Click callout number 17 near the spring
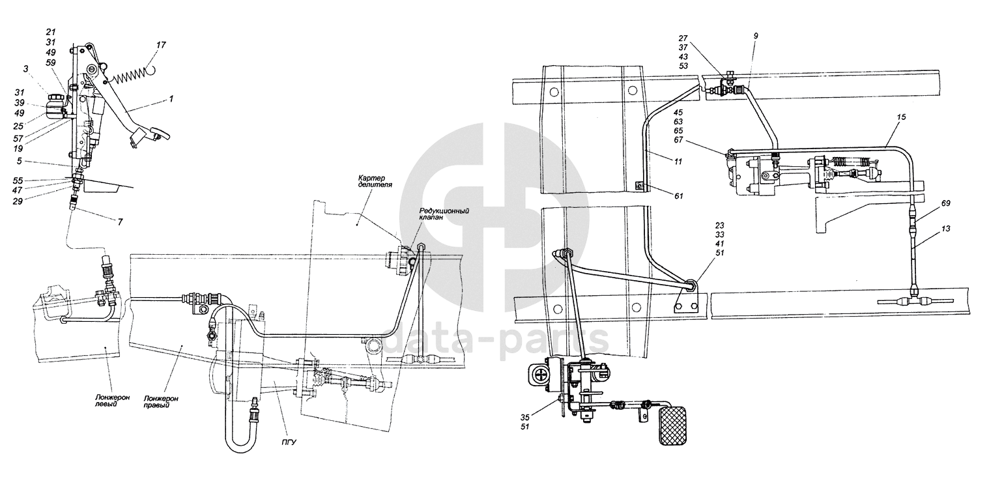tap(160, 45)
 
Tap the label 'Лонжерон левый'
tap(106, 400)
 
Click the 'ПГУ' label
tap(289, 442)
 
